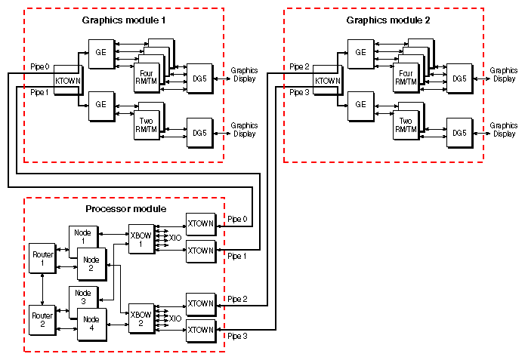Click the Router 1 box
coord(42,259)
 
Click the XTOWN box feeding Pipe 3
coord(200,330)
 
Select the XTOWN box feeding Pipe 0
coord(200,224)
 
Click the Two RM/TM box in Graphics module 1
coord(147,124)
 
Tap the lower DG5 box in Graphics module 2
coord(459,132)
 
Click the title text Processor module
coord(125,208)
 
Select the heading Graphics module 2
coord(388,19)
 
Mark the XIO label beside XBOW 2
coord(175,318)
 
